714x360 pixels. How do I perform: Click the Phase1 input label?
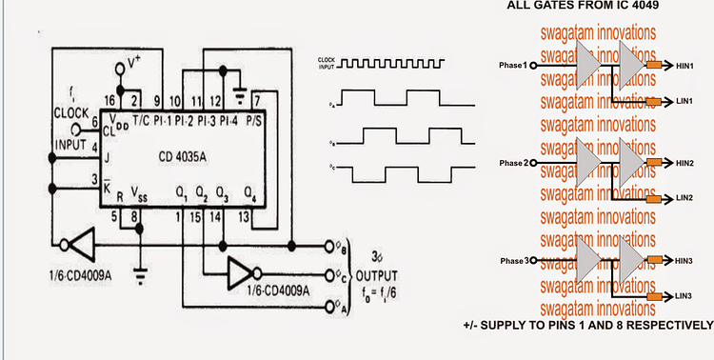(512, 66)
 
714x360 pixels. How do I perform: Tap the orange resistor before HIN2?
(654, 163)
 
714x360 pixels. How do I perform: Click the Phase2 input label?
(512, 163)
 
